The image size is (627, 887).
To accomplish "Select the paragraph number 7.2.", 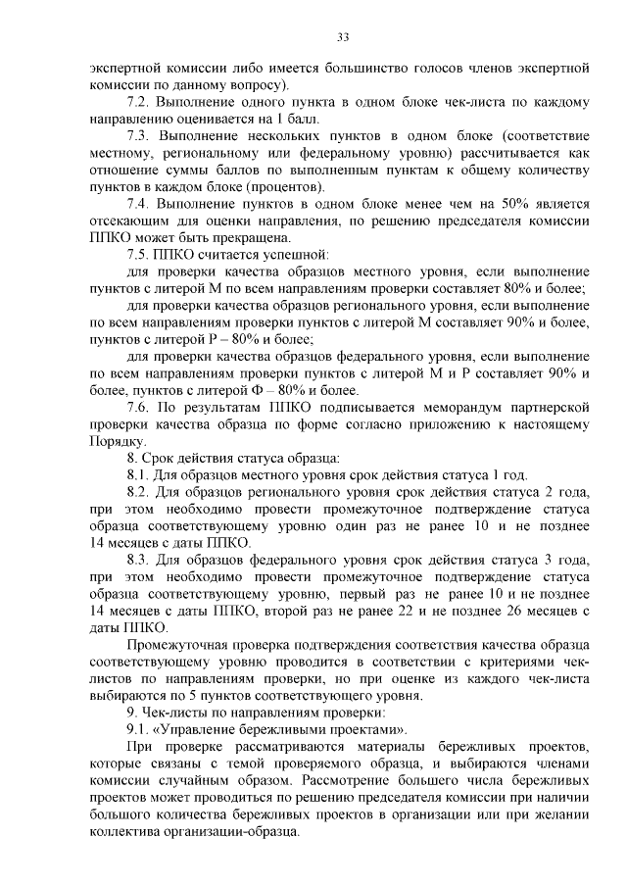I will point(139,102).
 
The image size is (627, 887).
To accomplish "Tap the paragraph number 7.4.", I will point(139,204).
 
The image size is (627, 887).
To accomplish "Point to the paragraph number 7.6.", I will point(139,407).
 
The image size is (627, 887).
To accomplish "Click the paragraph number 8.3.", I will point(139,561).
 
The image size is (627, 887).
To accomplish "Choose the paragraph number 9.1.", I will point(139,730).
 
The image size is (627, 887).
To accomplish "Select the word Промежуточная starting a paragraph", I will point(178,646).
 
